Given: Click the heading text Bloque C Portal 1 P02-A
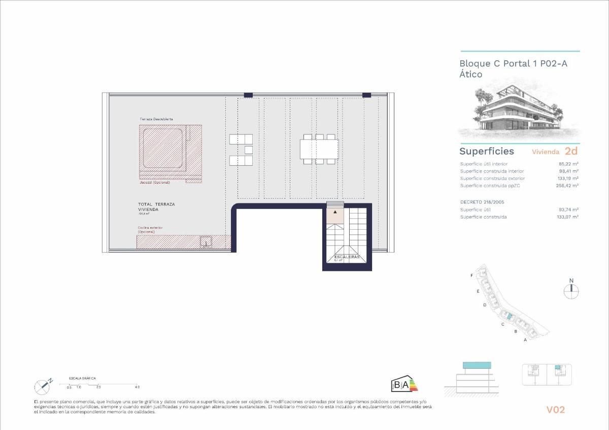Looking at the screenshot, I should (513, 63).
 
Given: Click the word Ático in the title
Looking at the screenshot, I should (470, 74).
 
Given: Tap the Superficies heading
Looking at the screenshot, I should (486, 151).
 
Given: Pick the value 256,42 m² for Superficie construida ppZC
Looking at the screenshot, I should (568, 186).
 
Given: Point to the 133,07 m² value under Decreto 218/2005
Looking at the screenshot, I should (568, 217).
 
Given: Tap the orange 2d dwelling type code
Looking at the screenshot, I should (571, 151).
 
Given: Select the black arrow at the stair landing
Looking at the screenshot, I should (335, 211).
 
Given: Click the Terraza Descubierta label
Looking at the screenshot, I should (156, 119).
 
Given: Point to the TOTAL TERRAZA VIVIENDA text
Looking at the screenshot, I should (156, 206).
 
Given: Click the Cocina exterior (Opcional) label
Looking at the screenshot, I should (150, 230).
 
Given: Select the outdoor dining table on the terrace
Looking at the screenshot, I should (319, 149).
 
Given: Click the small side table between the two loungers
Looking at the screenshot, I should (248, 150).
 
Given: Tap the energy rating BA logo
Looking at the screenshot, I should (404, 385).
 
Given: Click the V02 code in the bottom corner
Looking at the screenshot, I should (555, 410).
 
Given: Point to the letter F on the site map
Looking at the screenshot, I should (471, 275).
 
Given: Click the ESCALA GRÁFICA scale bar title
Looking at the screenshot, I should (82, 378).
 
